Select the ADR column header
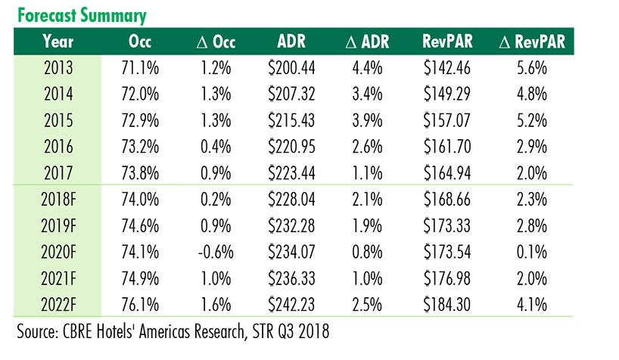pos(292,41)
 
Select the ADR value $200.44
pos(292,70)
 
